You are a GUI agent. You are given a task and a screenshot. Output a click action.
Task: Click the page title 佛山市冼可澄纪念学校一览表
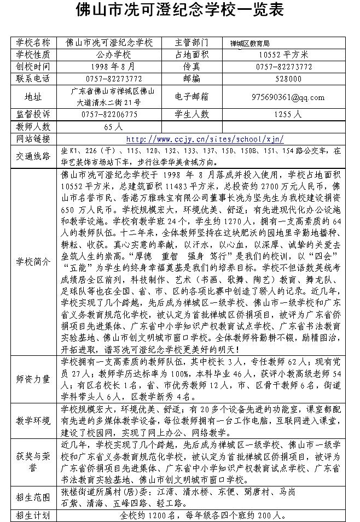coord(179,11)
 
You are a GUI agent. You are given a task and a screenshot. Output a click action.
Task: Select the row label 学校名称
coord(33,42)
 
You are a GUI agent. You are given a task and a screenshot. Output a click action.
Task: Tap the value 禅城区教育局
coord(250,43)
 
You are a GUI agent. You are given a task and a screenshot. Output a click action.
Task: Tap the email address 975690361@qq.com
coord(288,97)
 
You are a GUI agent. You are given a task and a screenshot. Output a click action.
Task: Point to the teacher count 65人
coord(113,126)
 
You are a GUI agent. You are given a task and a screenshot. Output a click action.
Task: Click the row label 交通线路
coord(33,156)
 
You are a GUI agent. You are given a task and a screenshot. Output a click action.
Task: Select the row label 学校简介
coord(33,261)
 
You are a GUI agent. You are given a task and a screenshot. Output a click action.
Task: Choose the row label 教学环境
coord(33,420)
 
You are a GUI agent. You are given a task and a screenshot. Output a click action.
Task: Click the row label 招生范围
coord(33,497)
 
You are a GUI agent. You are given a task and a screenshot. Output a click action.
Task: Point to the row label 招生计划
coord(33,515)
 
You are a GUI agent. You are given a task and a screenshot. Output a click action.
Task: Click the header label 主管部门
coord(191,42)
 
